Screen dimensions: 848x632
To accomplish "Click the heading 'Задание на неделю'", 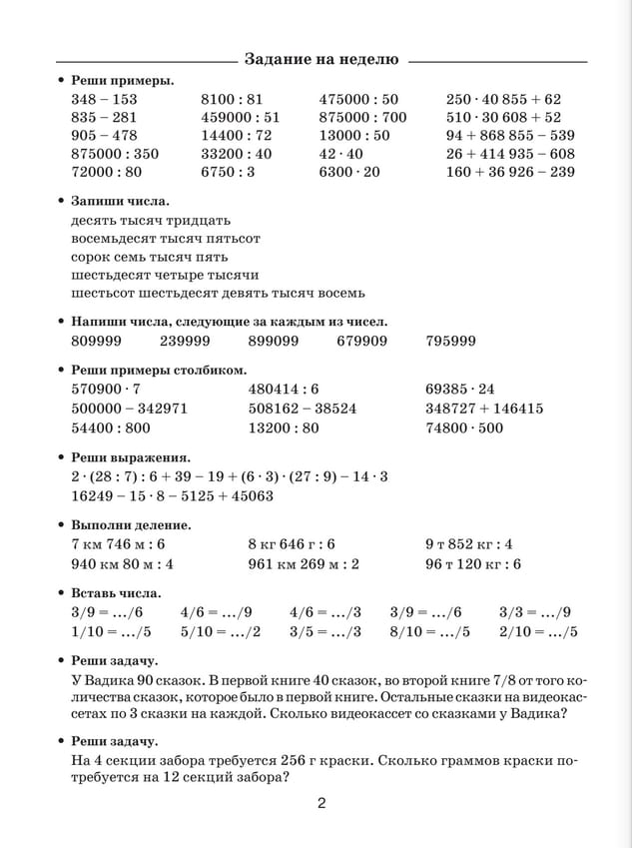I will click(320, 59).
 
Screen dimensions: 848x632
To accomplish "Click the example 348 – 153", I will click(105, 100).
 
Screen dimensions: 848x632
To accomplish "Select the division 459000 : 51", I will click(241, 118).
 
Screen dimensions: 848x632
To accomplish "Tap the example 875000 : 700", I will click(362, 118).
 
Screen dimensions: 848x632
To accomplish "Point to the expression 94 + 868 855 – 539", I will click(510, 136).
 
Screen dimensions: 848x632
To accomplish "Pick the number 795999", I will click(450, 341).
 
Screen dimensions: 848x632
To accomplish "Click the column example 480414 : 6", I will click(284, 389).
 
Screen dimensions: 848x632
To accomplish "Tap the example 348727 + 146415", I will click(484, 409).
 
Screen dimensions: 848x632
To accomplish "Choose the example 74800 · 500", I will click(464, 428).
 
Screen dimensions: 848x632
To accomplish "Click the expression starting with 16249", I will click(173, 495).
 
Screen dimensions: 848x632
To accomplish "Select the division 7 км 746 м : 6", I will click(119, 544).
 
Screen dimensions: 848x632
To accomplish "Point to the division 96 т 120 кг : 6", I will click(473, 563).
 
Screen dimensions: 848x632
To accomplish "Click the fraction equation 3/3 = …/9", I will click(534, 612).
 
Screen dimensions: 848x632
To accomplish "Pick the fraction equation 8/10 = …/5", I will click(429, 631).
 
